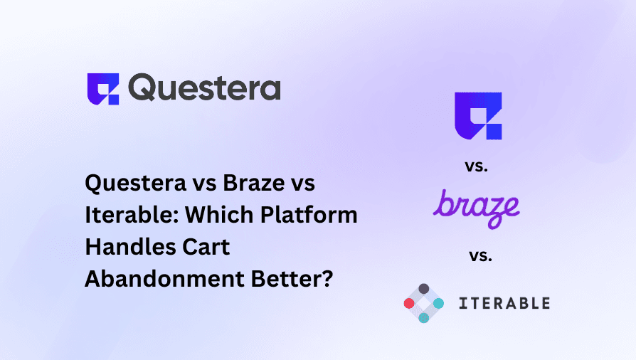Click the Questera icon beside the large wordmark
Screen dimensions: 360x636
tap(103, 89)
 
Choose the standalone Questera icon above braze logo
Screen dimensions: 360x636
tap(478, 116)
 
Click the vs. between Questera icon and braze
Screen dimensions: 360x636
tap(477, 166)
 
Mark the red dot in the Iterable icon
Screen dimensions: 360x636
tap(408, 303)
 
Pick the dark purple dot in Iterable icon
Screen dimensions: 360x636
tap(423, 288)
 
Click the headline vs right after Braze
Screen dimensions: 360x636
tap(299, 184)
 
